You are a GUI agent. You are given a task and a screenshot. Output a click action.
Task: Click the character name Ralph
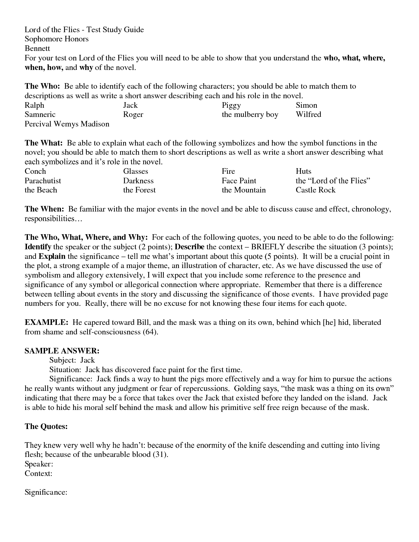pos(34,105)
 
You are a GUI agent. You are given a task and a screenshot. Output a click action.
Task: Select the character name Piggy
pos(231,105)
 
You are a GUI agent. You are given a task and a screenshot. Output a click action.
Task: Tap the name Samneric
pos(40,114)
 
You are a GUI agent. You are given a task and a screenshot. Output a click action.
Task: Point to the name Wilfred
pos(308,114)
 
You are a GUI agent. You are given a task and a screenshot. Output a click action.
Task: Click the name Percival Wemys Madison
pos(67,124)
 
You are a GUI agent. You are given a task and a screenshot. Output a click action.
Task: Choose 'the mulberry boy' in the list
pos(250,114)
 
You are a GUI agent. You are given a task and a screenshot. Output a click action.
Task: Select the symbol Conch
pos(35,171)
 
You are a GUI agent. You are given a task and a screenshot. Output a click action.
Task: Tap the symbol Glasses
pos(135,171)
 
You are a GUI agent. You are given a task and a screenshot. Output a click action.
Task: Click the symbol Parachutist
pos(43,181)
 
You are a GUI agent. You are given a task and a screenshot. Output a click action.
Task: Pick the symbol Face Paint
pos(239,181)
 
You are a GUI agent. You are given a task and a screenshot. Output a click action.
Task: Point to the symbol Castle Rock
pos(315,190)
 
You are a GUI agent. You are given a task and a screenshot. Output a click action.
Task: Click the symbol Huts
pos(303,171)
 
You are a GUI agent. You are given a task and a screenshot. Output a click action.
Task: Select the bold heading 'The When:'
pos(44,209)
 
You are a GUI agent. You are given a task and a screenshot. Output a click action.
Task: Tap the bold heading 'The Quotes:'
pos(46,426)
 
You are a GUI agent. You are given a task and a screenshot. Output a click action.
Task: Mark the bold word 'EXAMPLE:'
pos(46,322)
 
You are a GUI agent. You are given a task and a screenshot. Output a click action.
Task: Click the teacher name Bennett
pos(37,48)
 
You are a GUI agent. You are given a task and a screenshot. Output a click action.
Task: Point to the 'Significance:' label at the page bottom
pos(46,492)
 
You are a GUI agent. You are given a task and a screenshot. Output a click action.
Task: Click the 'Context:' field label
pos(38,473)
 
